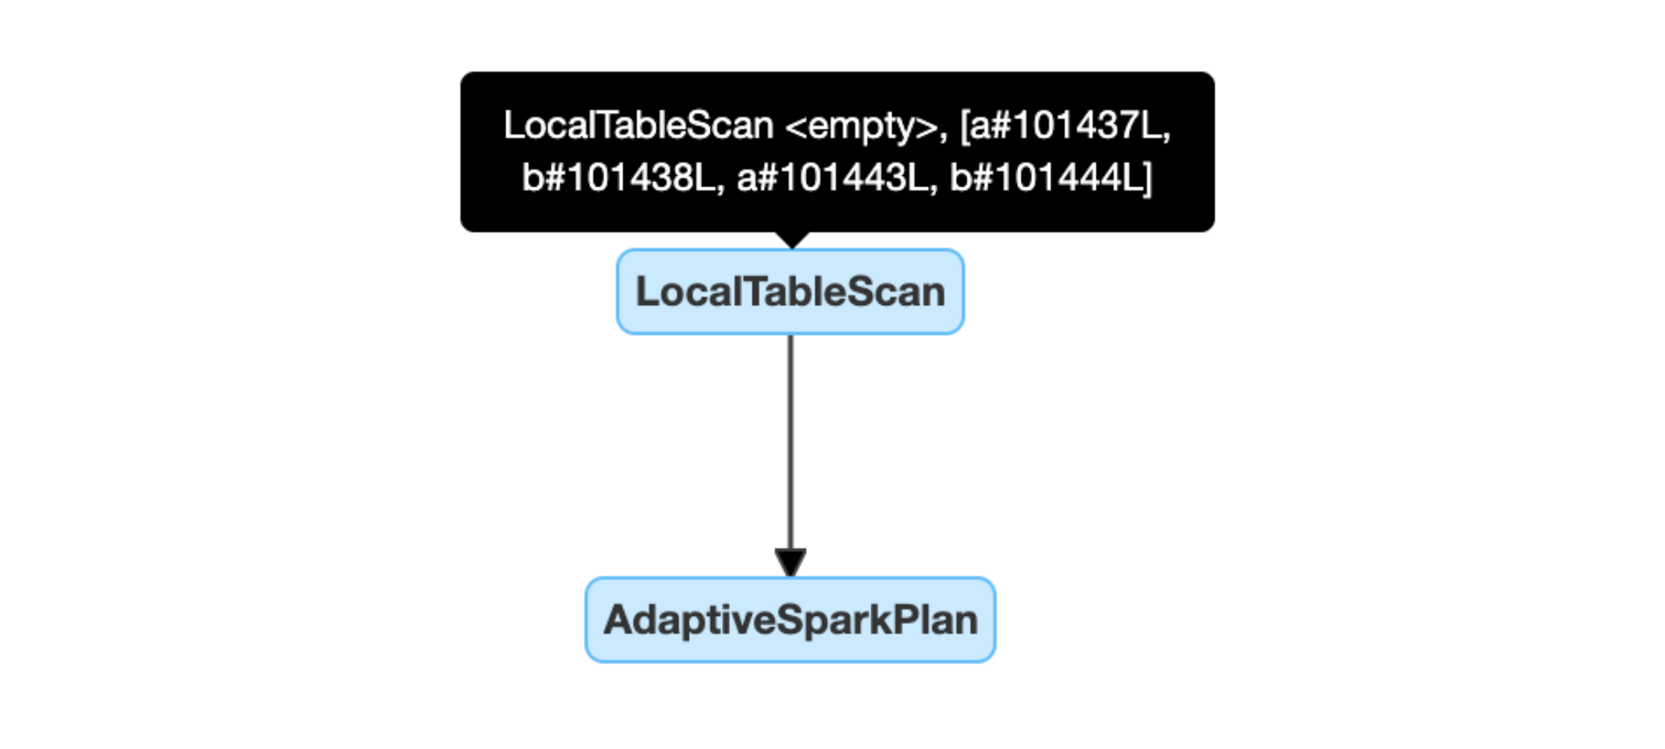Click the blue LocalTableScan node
pyautogui.click(x=790, y=291)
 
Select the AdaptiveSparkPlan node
pyautogui.click(x=790, y=620)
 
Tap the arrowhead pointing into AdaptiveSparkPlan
pyautogui.click(x=791, y=563)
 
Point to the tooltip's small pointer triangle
pyautogui.click(x=792, y=240)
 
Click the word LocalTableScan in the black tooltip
pyautogui.click(x=638, y=125)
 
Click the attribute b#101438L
pyautogui.click(x=619, y=178)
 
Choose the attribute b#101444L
pyautogui.click(x=1045, y=178)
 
